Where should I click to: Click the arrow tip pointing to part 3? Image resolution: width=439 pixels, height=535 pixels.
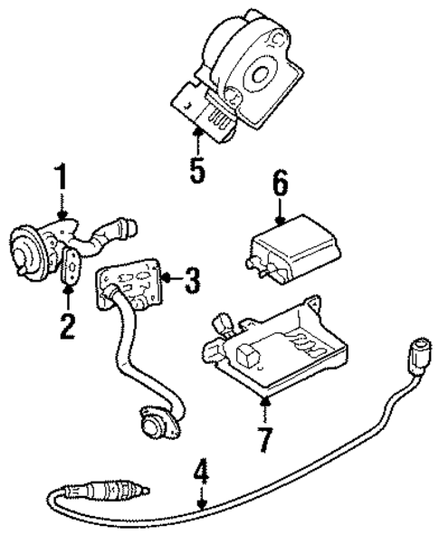[171, 282]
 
